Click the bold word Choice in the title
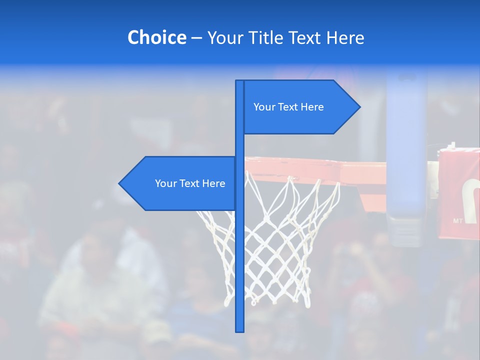point(156,37)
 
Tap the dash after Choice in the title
point(196,38)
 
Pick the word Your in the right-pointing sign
point(264,107)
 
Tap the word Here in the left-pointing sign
point(213,183)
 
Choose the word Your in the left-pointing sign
point(165,183)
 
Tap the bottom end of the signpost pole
point(240,330)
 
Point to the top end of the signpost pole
point(240,82)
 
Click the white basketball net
point(280,240)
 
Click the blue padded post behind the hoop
point(406,150)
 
